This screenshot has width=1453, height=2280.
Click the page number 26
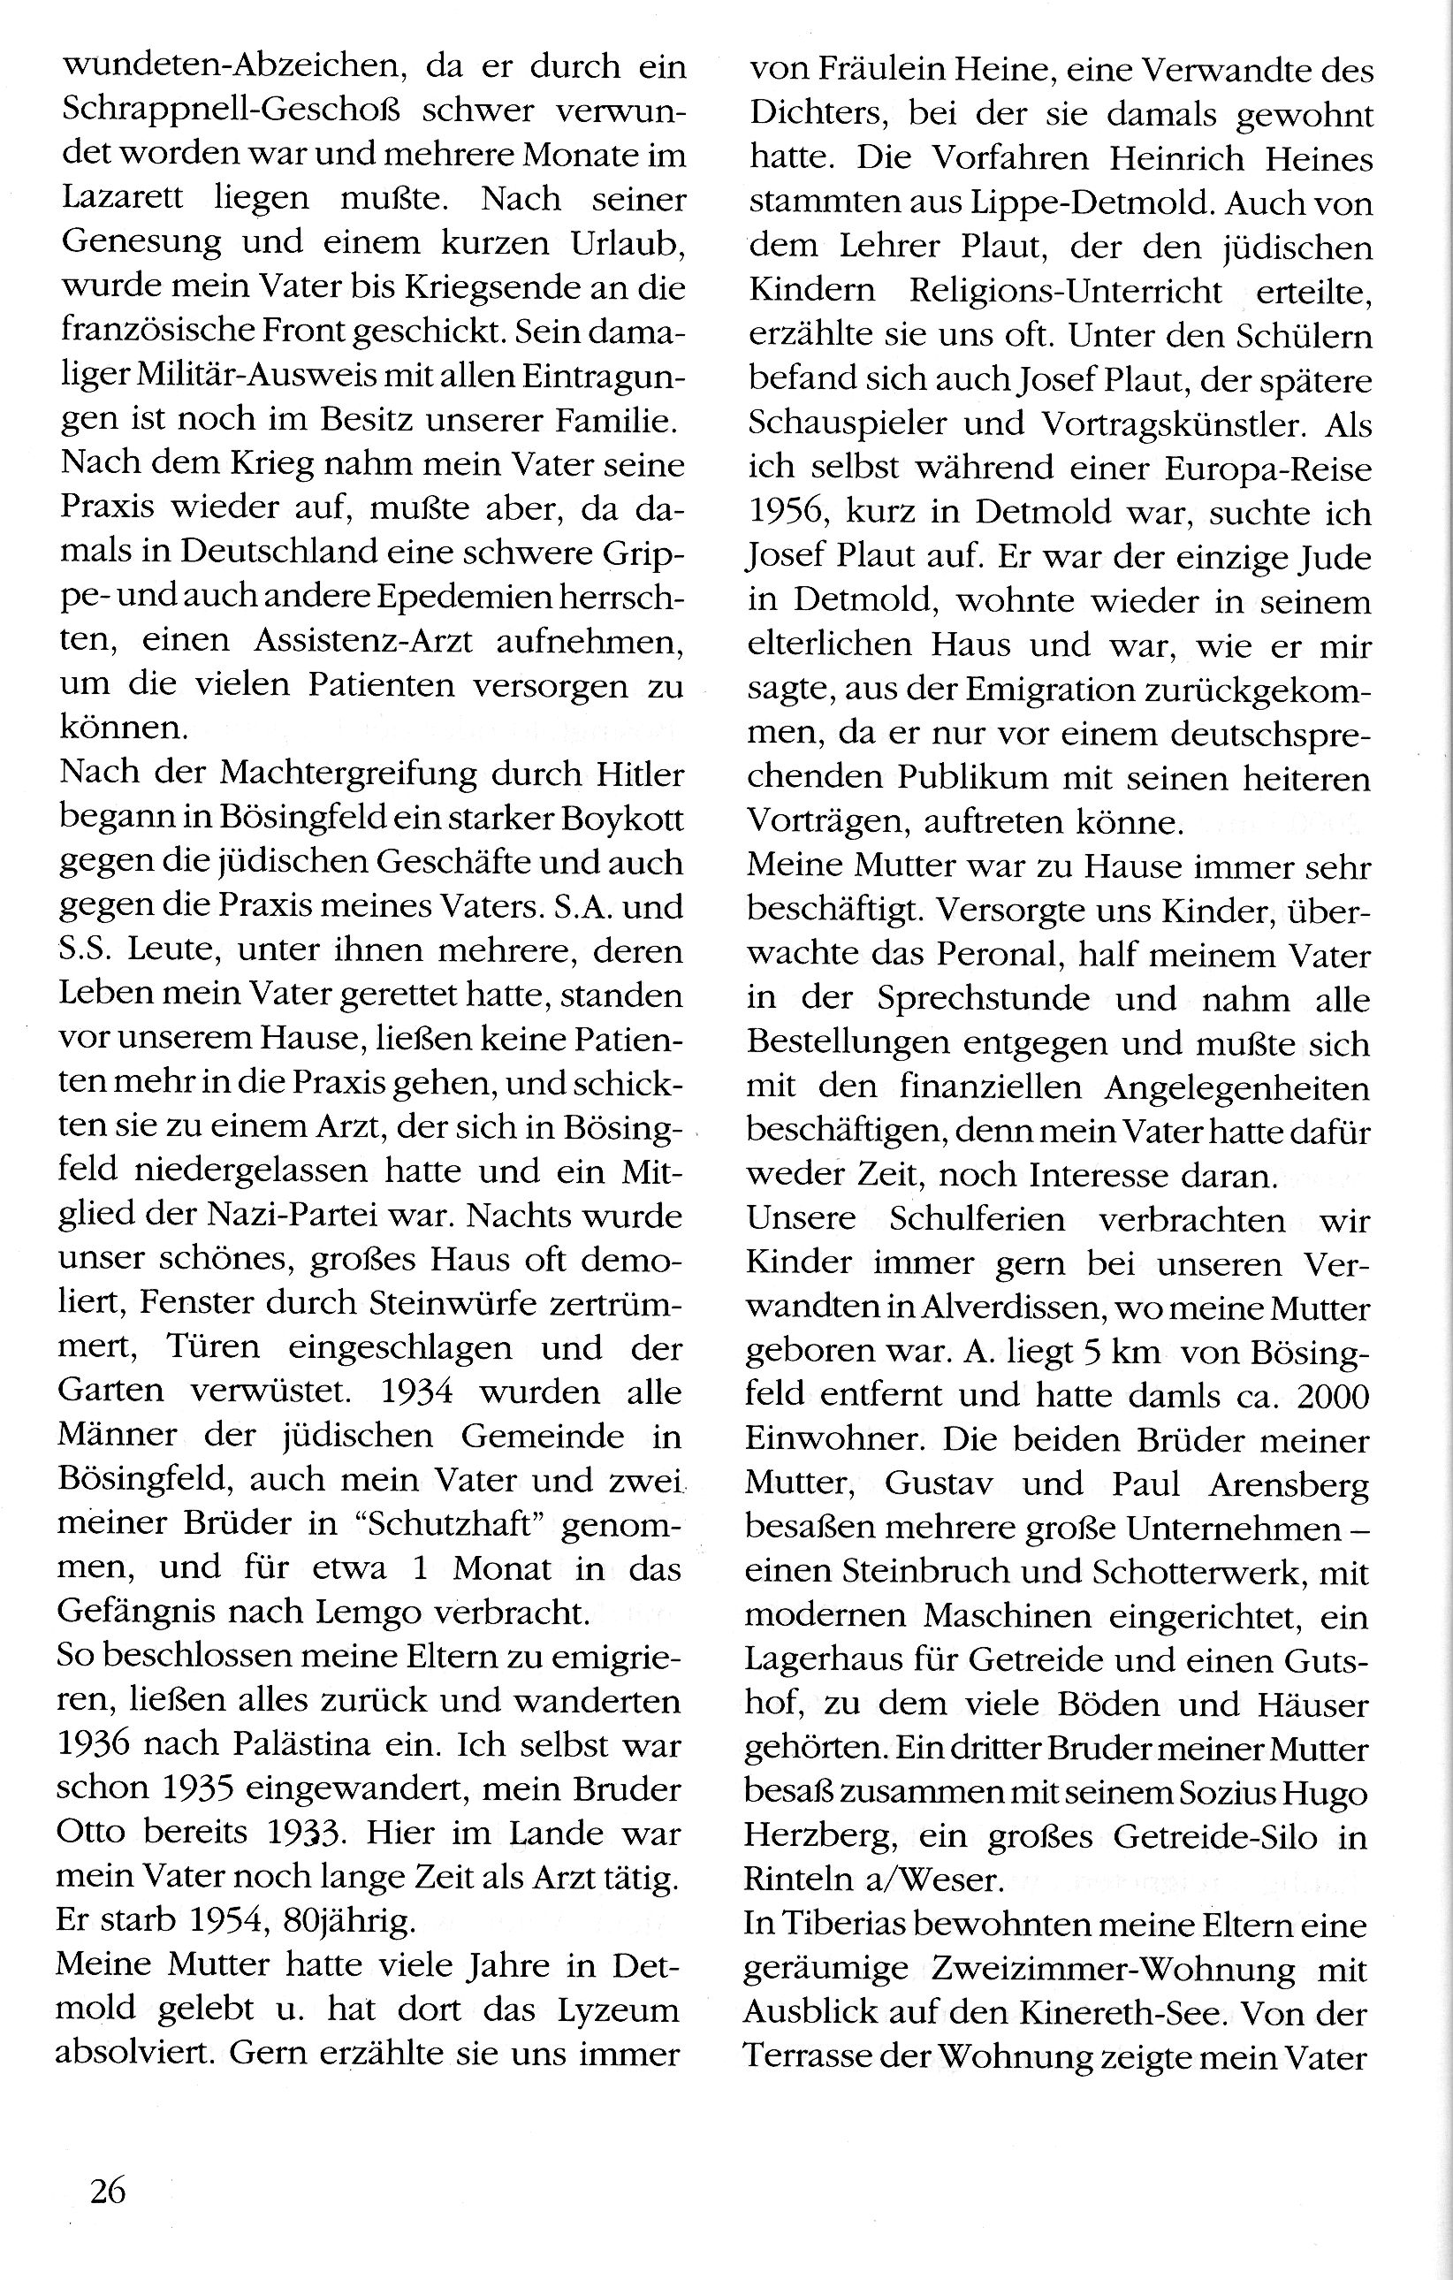click(x=108, y=2190)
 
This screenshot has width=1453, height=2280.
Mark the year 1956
click(x=790, y=513)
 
